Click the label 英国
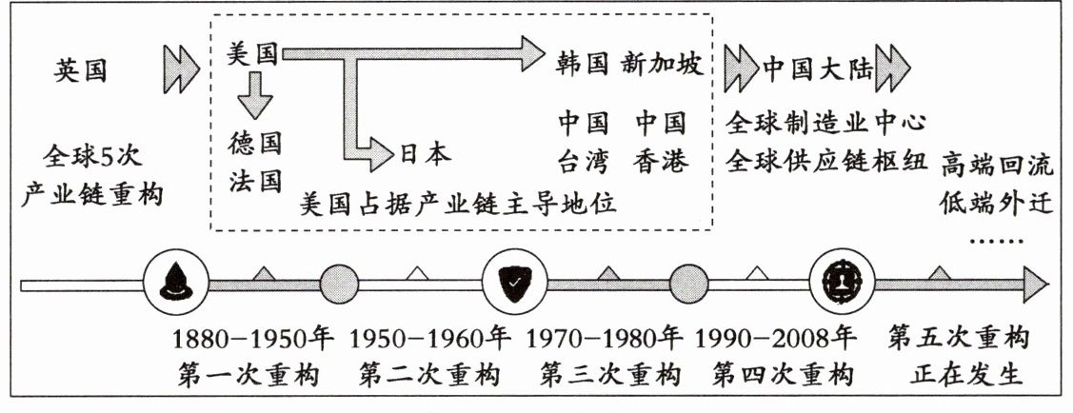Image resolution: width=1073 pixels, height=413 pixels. (81, 70)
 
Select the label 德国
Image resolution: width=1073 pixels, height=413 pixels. (255, 144)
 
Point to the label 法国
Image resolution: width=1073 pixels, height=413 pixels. (255, 180)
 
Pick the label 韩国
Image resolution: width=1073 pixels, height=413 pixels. (582, 63)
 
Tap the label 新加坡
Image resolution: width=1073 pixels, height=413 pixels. (663, 63)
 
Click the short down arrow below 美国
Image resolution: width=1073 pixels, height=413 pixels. (254, 96)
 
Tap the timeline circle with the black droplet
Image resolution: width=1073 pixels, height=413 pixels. (175, 282)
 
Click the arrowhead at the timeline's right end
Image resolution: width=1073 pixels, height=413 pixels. (1034, 283)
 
